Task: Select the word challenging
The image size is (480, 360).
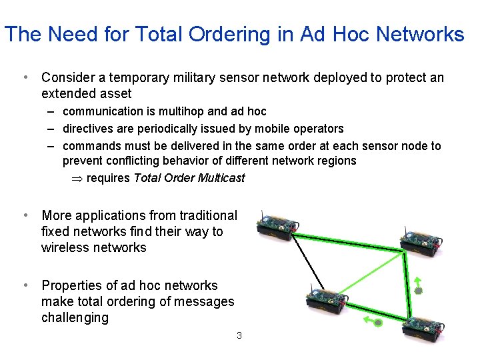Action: point(75,317)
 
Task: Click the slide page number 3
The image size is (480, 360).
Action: point(239,335)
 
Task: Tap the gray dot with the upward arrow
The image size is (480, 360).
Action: point(419,291)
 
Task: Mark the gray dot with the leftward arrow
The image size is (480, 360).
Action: point(377,323)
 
